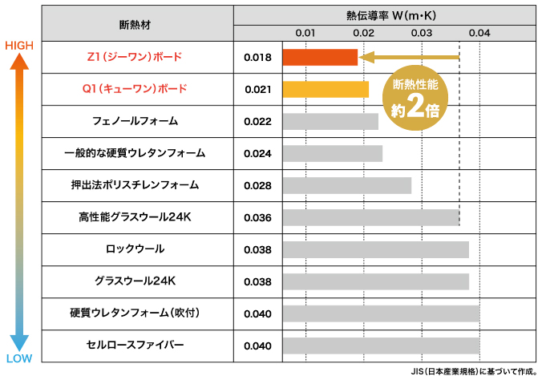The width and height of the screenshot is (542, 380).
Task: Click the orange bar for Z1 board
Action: (319, 58)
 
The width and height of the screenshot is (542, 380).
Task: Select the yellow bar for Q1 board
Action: (326, 89)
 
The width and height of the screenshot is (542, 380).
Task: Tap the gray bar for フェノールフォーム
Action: (330, 121)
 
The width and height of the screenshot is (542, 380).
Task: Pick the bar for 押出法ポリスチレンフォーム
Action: (346, 185)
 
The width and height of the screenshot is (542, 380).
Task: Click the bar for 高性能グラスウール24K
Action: (370, 217)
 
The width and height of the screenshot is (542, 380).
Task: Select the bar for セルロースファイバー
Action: (380, 346)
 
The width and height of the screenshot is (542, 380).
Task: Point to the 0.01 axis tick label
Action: (305, 33)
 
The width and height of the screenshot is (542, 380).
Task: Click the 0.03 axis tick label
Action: (421, 33)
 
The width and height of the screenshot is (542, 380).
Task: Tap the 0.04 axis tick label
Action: (479, 33)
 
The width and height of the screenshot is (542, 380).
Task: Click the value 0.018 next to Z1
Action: (257, 58)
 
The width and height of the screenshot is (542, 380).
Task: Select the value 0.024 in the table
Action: (257, 153)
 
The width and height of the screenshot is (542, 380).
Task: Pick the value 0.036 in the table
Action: (257, 217)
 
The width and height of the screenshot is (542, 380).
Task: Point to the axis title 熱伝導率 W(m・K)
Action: (385, 14)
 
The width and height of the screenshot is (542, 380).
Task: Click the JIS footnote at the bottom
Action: (474, 371)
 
